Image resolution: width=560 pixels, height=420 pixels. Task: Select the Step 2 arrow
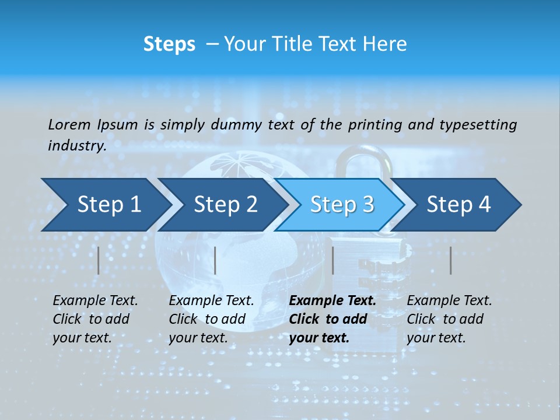pyautogui.click(x=225, y=204)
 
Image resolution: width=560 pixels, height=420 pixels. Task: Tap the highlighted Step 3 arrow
pyautogui.click(x=341, y=204)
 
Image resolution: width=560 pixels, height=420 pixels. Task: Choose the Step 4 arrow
pyautogui.click(x=458, y=204)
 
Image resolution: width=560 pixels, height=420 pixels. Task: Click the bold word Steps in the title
pyautogui.click(x=169, y=44)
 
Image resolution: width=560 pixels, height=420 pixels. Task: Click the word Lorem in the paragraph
pyautogui.click(x=69, y=124)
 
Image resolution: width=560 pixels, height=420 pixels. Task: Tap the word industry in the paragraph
pyautogui.click(x=76, y=146)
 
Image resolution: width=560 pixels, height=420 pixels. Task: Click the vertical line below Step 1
pyautogui.click(x=99, y=260)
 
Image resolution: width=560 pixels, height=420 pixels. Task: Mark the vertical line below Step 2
pyautogui.click(x=215, y=260)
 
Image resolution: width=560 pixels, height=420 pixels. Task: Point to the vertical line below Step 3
pyautogui.click(x=332, y=260)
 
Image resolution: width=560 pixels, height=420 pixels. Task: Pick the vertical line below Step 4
pyautogui.click(x=450, y=260)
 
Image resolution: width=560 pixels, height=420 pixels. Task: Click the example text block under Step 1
pyautogui.click(x=95, y=319)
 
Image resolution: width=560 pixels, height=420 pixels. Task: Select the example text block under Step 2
pyautogui.click(x=211, y=319)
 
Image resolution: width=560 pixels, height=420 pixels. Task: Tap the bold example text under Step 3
pyautogui.click(x=332, y=319)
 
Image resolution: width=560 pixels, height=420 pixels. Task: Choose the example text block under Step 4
pyautogui.click(x=449, y=319)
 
